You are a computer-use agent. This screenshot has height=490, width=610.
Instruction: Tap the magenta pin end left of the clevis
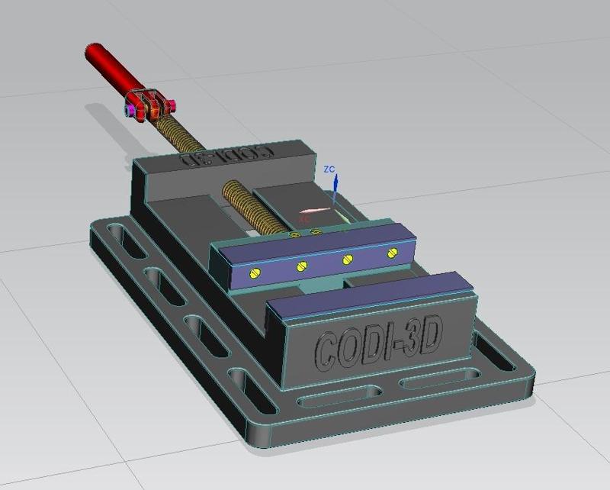point(132,111)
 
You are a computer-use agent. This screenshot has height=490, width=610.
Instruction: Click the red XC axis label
point(303,219)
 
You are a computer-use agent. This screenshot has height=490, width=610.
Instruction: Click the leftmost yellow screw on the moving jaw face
point(254,272)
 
